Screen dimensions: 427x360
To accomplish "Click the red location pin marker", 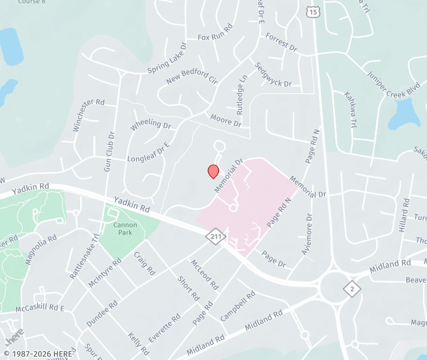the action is (213, 171).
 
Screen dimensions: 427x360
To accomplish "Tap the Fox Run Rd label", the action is (215, 34).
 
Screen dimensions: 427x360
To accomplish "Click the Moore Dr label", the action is (226, 121).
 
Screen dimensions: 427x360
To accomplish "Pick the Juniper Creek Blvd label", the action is (391, 83).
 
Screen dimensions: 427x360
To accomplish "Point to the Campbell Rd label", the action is (238, 306).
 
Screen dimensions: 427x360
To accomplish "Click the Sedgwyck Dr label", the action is (274, 75).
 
